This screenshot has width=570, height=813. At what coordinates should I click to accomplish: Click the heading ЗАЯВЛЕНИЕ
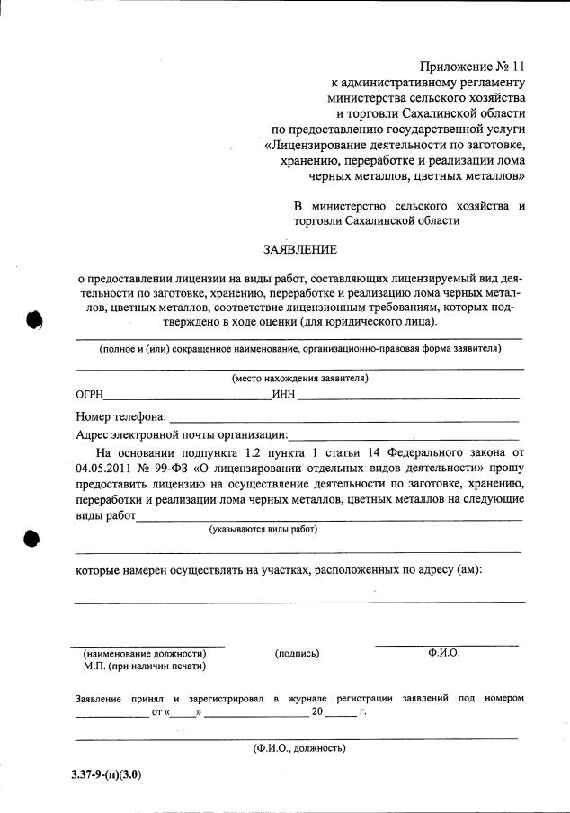300,249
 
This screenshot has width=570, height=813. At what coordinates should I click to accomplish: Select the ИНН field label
284,395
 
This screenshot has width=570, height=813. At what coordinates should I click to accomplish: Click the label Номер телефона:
121,417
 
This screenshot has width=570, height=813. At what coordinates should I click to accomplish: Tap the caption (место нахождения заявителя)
299,378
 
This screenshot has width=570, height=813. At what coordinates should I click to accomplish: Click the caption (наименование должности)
145,654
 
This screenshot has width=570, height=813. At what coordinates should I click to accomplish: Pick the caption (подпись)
297,654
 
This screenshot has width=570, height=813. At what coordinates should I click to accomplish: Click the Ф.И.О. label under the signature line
444,653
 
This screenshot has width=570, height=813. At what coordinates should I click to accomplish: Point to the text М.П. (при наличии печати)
144,666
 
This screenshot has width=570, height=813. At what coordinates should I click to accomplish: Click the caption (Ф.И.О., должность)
299,747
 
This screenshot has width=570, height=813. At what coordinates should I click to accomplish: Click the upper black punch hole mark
34,319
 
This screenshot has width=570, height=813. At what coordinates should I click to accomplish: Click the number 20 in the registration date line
317,712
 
